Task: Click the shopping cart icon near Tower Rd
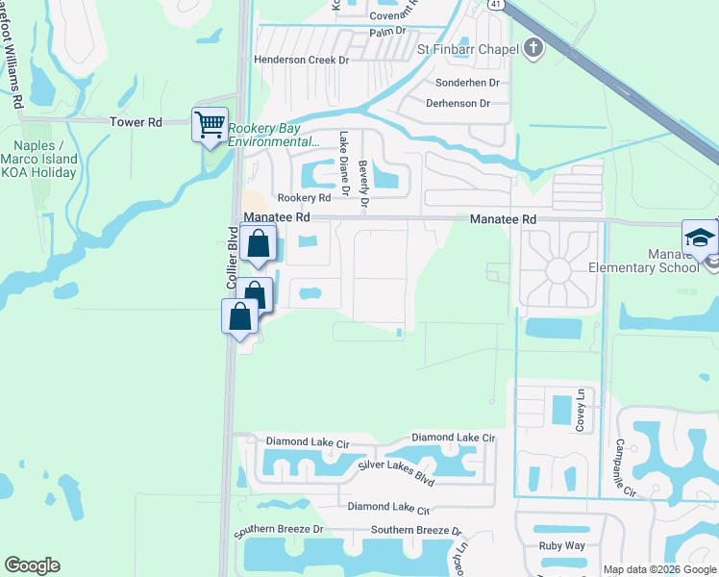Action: [211, 124]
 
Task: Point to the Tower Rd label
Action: [136, 122]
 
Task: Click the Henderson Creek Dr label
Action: [300, 59]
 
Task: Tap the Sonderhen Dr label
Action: [468, 83]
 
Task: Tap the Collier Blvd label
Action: [232, 258]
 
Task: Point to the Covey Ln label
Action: [580, 411]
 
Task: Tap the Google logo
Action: [32, 565]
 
